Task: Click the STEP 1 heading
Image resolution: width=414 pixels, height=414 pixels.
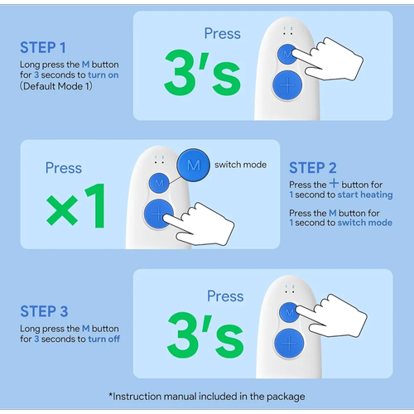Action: pos(43,47)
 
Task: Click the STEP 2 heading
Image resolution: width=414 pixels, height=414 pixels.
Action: pos(313,168)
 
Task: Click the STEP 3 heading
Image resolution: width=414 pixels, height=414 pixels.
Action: pos(44,311)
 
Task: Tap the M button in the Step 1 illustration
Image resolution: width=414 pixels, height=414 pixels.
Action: pos(287,55)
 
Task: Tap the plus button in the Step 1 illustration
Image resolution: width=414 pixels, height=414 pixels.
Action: pos(287,85)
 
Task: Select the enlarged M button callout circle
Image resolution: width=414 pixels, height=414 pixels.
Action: pos(193,165)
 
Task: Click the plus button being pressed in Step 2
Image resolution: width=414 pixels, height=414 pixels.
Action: pos(158,214)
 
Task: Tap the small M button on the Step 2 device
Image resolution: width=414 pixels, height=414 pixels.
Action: pos(159,183)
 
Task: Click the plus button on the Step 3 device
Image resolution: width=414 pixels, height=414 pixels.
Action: pos(289,343)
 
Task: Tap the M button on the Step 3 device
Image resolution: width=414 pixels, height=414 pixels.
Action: pos(289,312)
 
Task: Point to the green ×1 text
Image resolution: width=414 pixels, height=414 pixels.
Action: pos(75,206)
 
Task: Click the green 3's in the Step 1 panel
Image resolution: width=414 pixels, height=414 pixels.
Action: pos(202,73)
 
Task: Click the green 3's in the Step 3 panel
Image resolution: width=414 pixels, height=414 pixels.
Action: pos(205,335)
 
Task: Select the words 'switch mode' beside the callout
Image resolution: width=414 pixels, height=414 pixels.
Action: pos(241,165)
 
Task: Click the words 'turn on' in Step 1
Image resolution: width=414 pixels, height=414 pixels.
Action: pos(103,75)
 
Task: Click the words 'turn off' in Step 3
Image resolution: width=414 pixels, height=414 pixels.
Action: pos(104,339)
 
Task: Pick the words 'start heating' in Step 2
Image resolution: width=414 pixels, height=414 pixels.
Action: pos(365,195)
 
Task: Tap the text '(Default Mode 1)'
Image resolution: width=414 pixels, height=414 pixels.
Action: pos(56,86)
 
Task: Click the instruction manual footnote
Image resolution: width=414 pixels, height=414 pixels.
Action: pos(207,397)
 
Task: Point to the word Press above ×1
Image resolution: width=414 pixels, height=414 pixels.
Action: pos(64,168)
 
